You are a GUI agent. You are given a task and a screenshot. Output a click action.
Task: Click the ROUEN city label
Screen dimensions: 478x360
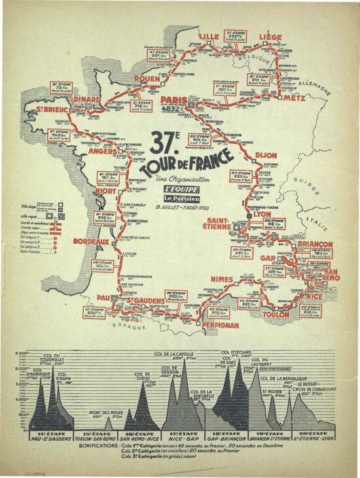147,78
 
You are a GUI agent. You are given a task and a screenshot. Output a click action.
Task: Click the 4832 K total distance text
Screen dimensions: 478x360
175,109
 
